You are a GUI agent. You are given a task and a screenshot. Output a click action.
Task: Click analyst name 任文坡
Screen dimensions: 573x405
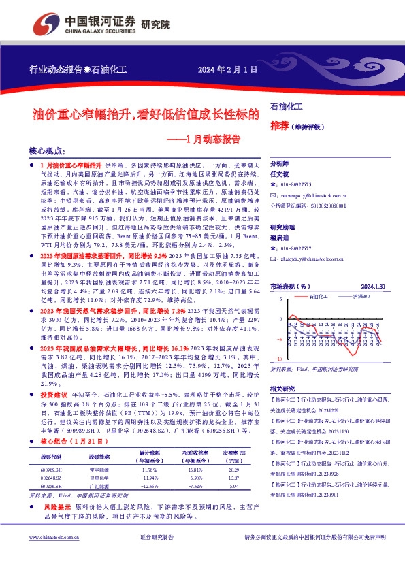coord(280,174)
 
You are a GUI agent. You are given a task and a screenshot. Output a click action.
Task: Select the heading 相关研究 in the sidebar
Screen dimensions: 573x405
coord(283,388)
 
